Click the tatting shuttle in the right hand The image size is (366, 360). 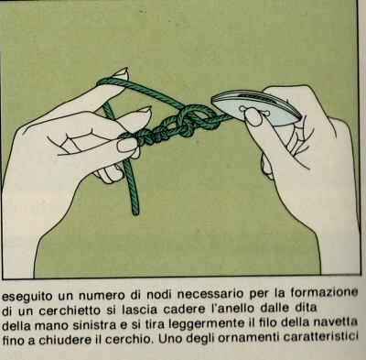tap(256, 108)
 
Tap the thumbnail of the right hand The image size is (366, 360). tap(253, 118)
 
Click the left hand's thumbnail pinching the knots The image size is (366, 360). tap(127, 146)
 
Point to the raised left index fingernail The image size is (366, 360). tap(120, 74)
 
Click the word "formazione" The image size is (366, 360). tap(324, 292)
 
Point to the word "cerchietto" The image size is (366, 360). tap(70, 311)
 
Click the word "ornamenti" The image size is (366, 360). tap(249, 338)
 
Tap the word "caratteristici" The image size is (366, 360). tap(320, 337)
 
